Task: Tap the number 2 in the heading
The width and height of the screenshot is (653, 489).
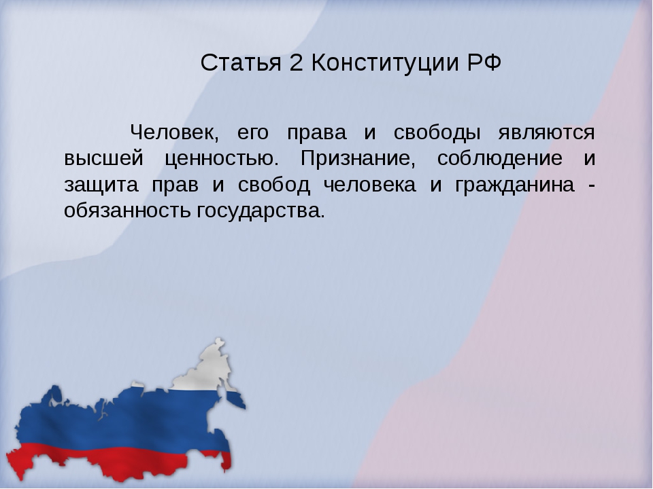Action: point(296,62)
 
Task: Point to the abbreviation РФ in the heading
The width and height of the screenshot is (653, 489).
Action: point(484,62)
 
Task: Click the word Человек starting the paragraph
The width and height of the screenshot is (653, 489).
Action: point(174,132)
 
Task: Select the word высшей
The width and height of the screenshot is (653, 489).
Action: point(103,158)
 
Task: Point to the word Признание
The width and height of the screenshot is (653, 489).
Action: point(358,158)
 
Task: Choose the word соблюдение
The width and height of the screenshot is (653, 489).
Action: point(500,159)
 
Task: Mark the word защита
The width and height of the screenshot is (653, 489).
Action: point(101,185)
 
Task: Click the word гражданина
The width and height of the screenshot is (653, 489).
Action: point(515,185)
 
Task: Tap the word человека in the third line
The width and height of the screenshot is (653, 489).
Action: point(370,185)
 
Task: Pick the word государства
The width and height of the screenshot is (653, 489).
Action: point(261,211)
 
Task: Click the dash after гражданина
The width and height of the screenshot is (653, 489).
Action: point(591,187)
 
